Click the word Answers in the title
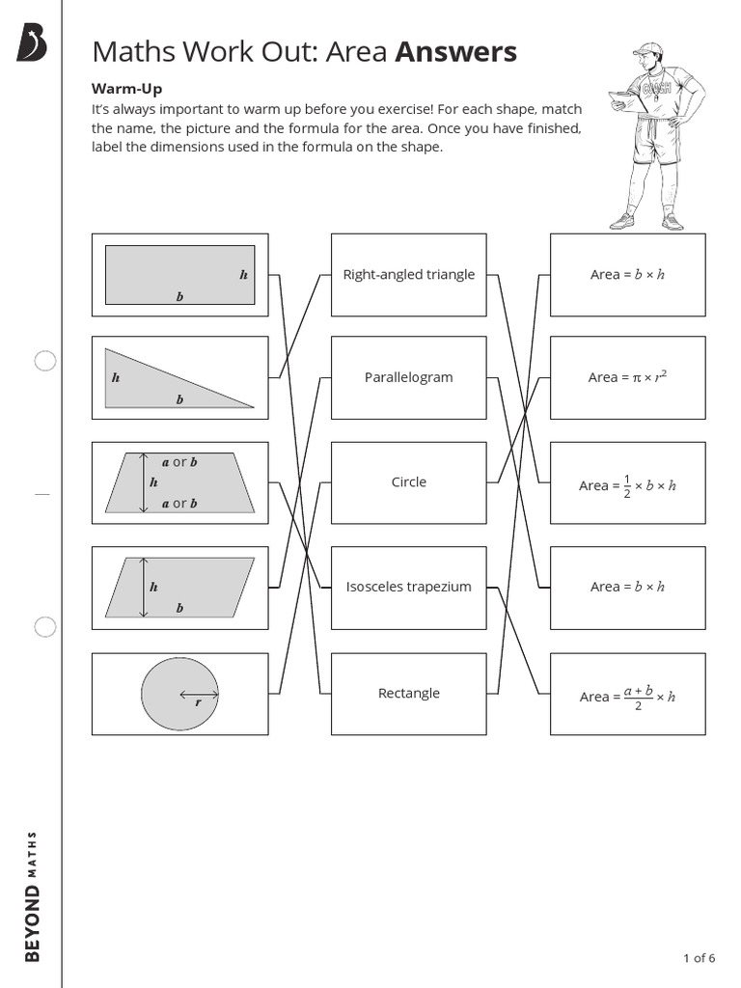pyautogui.click(x=455, y=52)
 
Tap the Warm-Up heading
pyautogui.click(x=126, y=89)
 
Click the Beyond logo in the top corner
pyautogui.click(x=32, y=44)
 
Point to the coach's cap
pyautogui.click(x=646, y=49)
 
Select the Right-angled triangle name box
pyautogui.click(x=409, y=275)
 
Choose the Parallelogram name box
pyautogui.click(x=409, y=377)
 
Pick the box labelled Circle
pyautogui.click(x=409, y=482)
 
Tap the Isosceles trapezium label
pyautogui.click(x=409, y=587)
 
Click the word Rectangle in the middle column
pyautogui.click(x=409, y=693)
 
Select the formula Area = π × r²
pyautogui.click(x=627, y=377)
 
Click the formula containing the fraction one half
pyautogui.click(x=627, y=484)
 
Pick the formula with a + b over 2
pyautogui.click(x=627, y=695)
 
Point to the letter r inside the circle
pyautogui.click(x=198, y=703)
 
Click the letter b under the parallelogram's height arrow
pyautogui.click(x=179, y=609)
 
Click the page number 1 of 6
pyautogui.click(x=699, y=958)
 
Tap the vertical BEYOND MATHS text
pyautogui.click(x=33, y=895)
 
